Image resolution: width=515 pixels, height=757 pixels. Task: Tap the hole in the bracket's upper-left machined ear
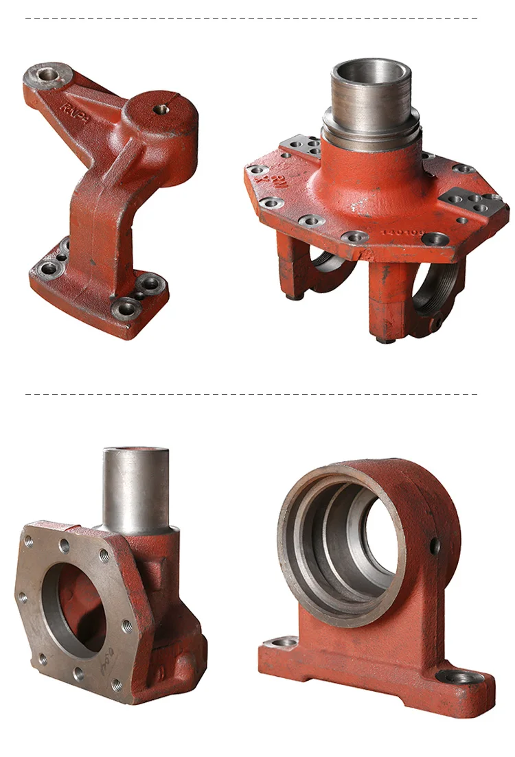[x=49, y=72]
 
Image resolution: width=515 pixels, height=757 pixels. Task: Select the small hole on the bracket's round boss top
[x=160, y=108]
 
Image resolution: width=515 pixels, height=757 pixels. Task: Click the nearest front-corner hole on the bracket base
[x=125, y=308]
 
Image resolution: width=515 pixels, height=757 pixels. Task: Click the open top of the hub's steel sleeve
[x=371, y=72]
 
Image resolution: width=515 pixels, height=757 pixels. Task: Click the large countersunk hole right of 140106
[x=436, y=239]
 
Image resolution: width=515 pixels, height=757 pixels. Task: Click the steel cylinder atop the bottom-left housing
[x=136, y=487]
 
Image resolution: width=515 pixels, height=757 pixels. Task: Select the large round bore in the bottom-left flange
[x=76, y=611]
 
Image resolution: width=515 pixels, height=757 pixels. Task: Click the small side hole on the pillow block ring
[x=434, y=546]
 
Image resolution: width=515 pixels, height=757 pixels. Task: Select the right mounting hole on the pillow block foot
[x=458, y=677]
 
